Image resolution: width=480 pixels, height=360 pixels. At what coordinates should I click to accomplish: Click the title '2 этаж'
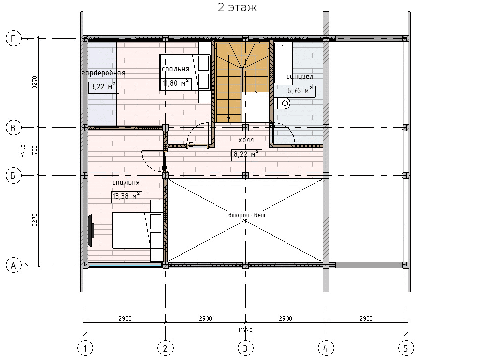tap(237, 7)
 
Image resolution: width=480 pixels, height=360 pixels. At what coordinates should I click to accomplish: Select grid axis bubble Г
tap(13, 38)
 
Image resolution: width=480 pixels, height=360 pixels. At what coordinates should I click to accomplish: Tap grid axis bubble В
tap(13, 128)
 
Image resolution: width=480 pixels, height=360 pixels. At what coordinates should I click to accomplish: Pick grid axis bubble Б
tap(13, 175)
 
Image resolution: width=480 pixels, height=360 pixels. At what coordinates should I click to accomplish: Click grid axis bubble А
tap(13, 265)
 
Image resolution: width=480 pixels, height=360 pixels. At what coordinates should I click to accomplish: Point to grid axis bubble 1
tap(85, 348)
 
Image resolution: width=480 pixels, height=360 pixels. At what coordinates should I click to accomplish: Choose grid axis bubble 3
tap(245, 348)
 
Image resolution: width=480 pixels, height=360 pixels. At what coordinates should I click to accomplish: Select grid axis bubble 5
tap(406, 348)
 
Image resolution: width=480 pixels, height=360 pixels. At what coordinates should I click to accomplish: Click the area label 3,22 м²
tap(103, 87)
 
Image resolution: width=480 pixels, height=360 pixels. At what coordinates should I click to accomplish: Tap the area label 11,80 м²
tap(176, 83)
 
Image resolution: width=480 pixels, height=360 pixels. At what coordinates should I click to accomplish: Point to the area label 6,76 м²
tap(300, 91)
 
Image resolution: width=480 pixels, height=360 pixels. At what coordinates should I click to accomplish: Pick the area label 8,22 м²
tap(246, 155)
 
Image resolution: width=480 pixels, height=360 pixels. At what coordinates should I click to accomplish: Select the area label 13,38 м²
tap(127, 196)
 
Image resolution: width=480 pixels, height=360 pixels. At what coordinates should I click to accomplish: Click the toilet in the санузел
tap(282, 103)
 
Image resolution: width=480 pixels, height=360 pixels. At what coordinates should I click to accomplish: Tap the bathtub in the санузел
tap(283, 63)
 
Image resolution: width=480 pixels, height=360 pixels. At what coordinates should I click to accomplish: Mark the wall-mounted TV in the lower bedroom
tap(91, 231)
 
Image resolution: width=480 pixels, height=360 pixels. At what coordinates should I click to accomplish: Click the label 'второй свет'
tap(247, 215)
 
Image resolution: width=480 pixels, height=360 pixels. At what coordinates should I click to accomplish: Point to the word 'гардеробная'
tap(104, 73)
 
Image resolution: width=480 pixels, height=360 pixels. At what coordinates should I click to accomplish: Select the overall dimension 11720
tap(245, 330)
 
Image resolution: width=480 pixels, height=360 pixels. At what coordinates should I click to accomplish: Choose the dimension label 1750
tap(35, 151)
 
